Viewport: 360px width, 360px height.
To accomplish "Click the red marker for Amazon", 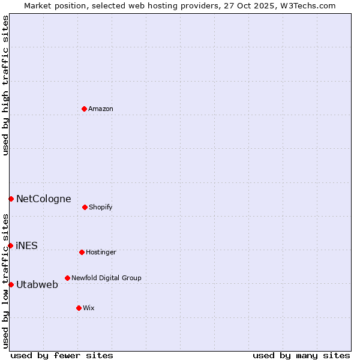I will point(85,109).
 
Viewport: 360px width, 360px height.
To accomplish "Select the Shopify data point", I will point(85,207).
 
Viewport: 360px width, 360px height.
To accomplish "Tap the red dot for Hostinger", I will point(82,252).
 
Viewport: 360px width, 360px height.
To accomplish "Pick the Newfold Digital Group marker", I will point(67,278).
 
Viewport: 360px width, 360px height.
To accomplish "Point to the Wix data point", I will point(79,308).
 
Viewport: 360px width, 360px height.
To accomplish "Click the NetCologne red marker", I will point(11,199).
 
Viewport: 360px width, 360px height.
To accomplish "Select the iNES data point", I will point(11,245).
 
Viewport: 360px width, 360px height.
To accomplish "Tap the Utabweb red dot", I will point(11,284).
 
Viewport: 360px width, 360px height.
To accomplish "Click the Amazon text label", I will point(101,109).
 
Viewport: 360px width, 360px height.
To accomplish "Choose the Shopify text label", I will point(101,207).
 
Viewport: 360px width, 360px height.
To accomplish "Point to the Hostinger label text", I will point(101,252).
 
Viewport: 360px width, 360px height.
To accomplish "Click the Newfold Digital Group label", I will point(106,278).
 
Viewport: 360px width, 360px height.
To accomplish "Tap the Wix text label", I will point(89,308).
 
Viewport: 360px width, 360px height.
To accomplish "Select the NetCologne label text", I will point(43,199).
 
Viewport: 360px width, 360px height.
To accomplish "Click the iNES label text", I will point(27,245).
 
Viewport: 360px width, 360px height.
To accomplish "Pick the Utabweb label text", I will point(37,284).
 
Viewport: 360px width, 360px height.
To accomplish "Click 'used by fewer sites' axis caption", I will point(62,355).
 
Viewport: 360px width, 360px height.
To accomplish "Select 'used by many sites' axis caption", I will point(301,355).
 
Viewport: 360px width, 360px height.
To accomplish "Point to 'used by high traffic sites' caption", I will point(5,85).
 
